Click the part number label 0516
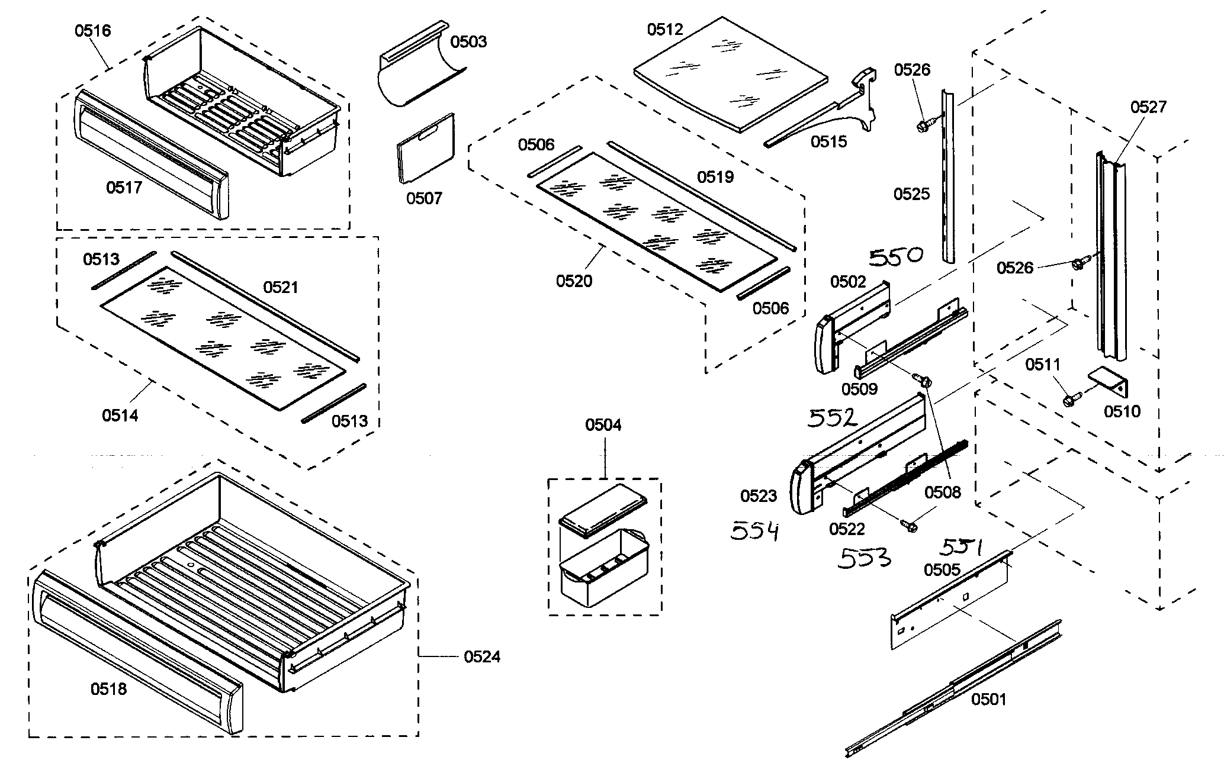pos(92,30)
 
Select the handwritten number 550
pos(896,257)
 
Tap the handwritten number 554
pos(754,531)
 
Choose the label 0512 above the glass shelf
pos(665,30)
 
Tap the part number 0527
pos(1148,107)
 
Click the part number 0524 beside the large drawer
pos(481,656)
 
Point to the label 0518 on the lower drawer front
pos(108,688)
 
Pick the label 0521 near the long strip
pos(281,288)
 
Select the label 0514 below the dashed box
pos(120,416)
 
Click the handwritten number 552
pos(833,418)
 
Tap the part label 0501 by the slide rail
pos(988,700)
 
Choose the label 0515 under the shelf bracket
pos(828,141)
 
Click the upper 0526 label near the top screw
pos(912,70)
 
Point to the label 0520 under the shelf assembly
pos(574,281)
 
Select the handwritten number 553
pos(863,558)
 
